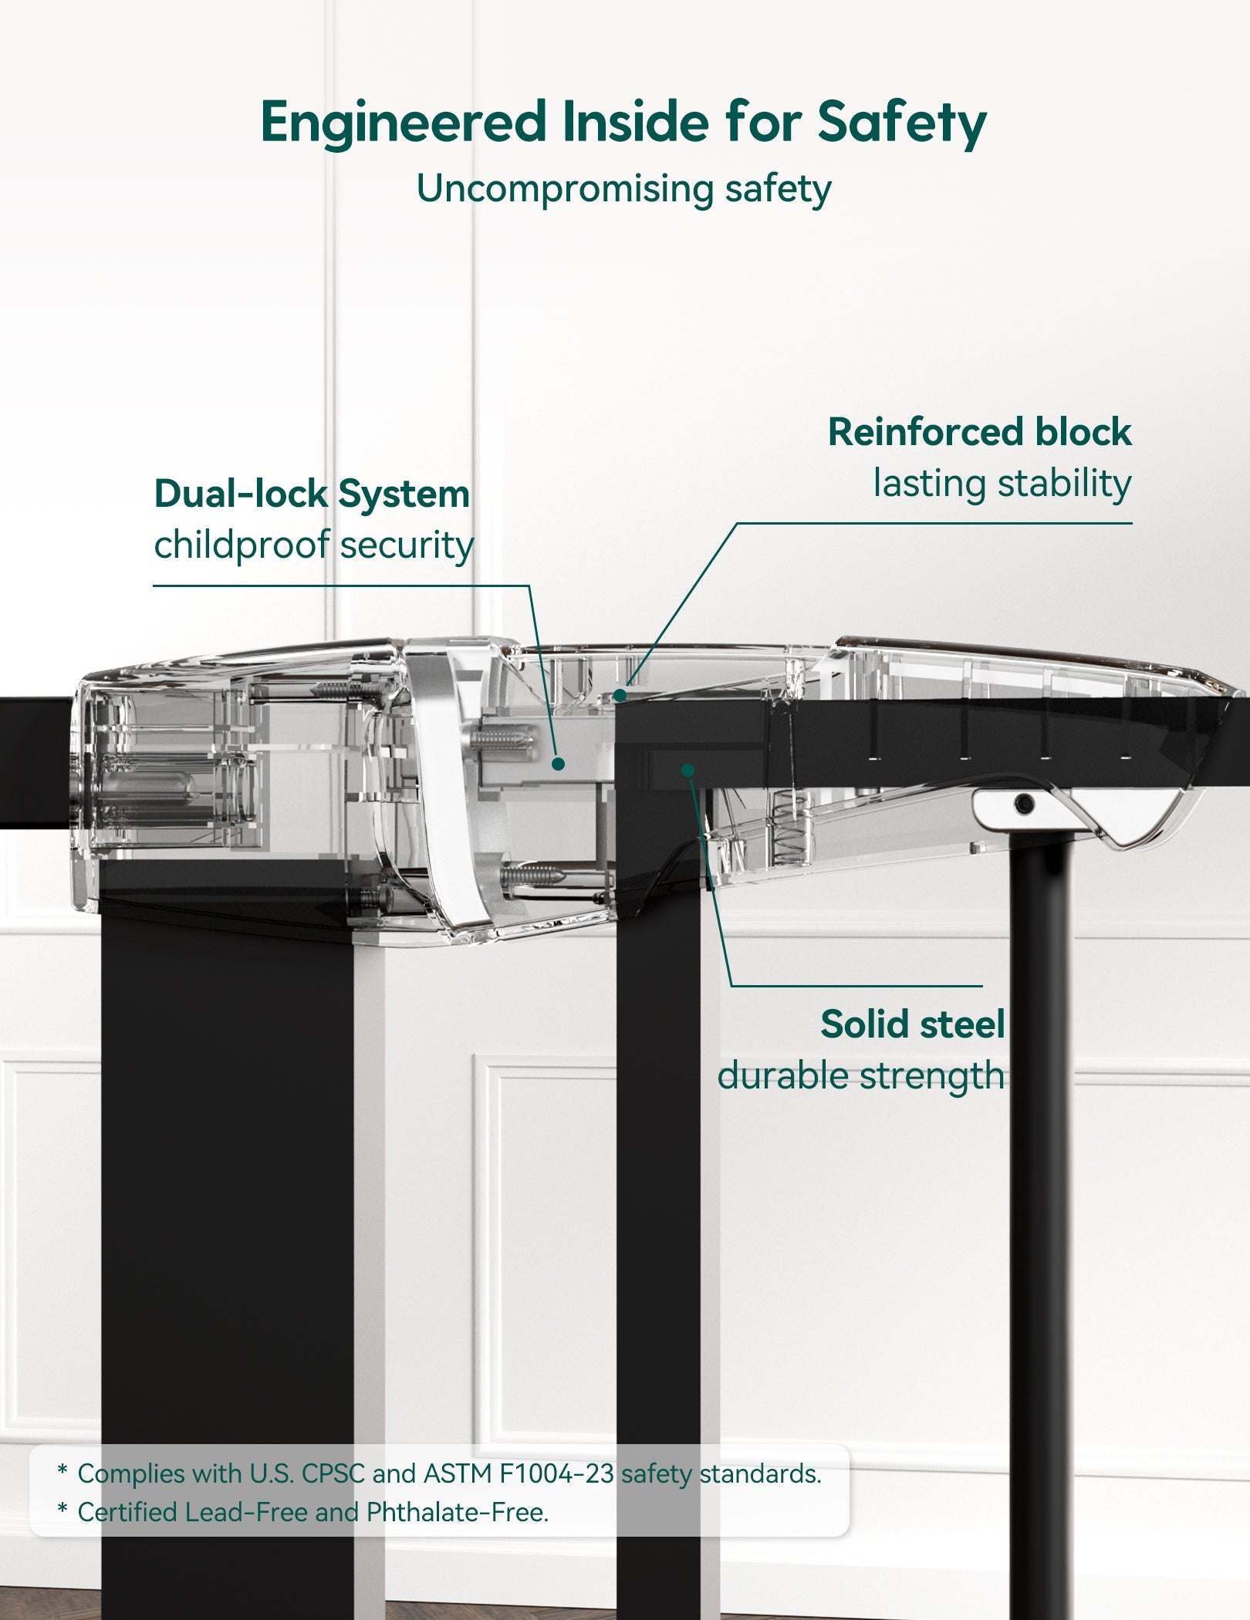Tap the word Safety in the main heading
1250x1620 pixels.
click(901, 122)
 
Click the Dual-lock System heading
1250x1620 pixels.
click(312, 494)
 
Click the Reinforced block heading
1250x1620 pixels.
click(978, 432)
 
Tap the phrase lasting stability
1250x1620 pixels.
click(1002, 484)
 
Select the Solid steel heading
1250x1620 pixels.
click(912, 1024)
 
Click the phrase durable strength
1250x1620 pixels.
click(860, 1075)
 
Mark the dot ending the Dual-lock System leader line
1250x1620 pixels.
click(559, 764)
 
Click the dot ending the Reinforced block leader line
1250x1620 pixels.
click(620, 696)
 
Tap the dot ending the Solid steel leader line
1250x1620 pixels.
click(688, 770)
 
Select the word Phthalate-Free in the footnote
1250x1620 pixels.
click(457, 1512)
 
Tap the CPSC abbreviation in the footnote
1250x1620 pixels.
click(332, 1473)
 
